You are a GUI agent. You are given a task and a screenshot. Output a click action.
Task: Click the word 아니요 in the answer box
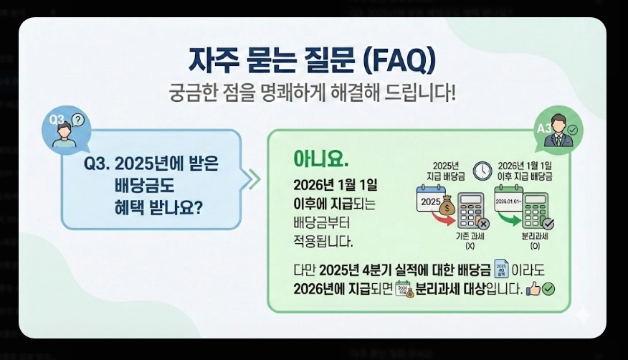[x=320, y=158]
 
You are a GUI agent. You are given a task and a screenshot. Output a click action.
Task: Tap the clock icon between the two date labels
[x=482, y=170]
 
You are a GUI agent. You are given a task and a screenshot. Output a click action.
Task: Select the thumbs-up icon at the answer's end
[x=533, y=289]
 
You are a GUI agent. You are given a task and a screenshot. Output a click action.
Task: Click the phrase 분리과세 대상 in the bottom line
[x=452, y=289]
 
